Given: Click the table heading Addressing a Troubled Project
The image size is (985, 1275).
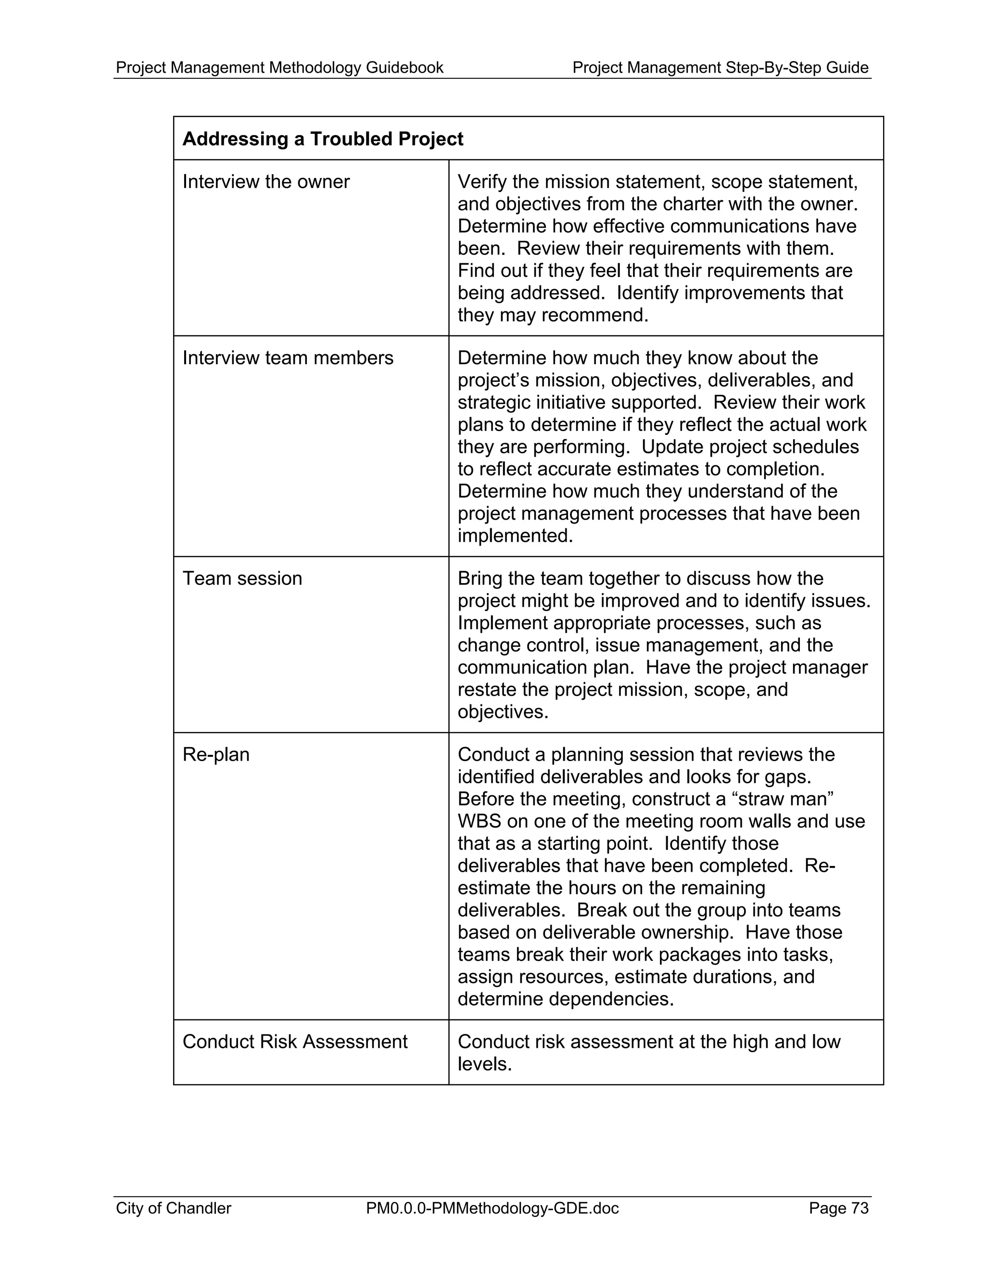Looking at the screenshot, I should click(322, 139).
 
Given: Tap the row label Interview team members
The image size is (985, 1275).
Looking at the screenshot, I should click(288, 358).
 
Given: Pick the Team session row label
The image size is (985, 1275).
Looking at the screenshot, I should click(242, 578).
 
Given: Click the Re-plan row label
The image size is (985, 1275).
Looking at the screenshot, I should click(216, 755).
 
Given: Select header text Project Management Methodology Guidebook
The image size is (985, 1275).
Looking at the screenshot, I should click(279, 68).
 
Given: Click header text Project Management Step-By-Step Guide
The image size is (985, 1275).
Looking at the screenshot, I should click(720, 68).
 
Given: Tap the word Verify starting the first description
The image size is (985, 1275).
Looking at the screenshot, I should click(482, 182).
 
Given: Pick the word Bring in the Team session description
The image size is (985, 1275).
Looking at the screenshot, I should click(480, 578).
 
